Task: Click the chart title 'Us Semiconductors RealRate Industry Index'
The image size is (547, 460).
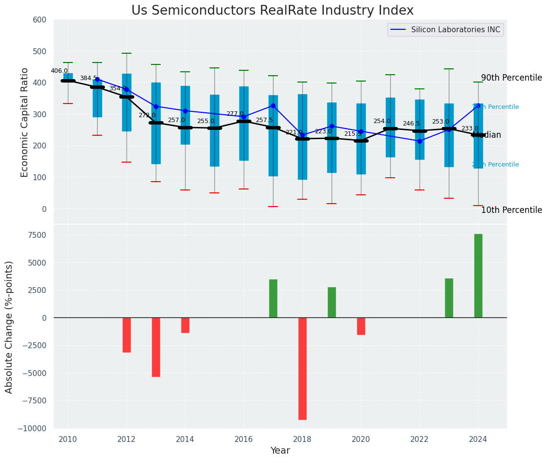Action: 273,11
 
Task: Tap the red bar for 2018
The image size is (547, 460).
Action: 302,369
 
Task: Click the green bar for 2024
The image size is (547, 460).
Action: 478,276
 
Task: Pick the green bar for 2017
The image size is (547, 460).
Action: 273,298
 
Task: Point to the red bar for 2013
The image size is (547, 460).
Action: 156,347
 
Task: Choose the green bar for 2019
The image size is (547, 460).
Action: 332,302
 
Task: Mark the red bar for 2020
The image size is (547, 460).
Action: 361,326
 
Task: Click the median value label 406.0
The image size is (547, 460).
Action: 59,71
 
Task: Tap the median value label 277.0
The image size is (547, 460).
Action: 235,114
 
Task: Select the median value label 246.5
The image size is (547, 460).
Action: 411,124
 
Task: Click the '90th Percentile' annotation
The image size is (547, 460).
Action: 511,78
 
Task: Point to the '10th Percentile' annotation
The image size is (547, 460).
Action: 511,210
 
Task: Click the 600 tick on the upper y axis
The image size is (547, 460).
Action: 40,20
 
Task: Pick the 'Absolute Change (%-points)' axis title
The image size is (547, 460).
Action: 9,327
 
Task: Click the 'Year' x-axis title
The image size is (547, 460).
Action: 280,451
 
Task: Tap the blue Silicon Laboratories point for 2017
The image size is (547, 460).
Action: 273,105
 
